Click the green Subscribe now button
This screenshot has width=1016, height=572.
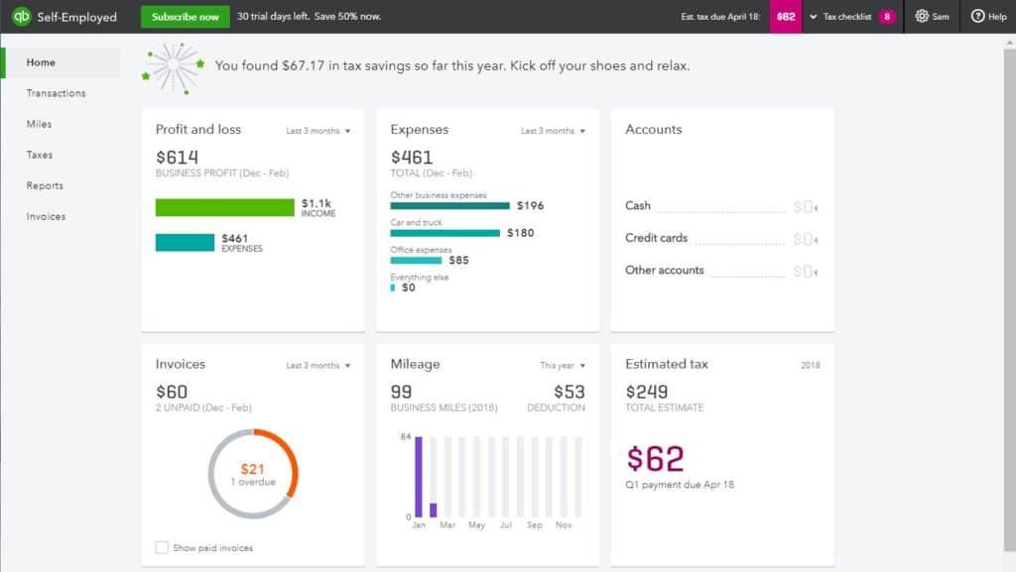point(186,17)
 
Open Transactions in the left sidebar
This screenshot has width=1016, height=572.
point(56,93)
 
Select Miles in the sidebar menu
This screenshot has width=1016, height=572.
point(40,124)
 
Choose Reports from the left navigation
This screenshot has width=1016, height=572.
point(45,185)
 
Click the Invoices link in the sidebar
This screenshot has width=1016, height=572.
point(46,216)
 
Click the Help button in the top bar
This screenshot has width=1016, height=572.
point(988,17)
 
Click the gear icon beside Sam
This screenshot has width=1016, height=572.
point(922,17)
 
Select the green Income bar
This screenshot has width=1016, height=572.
point(225,207)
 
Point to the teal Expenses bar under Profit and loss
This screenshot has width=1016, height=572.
point(185,243)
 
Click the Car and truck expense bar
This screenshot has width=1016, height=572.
point(445,233)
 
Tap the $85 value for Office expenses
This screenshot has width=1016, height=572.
point(458,261)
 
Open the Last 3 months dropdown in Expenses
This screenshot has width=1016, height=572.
point(554,131)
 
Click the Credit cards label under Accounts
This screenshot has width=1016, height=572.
point(656,238)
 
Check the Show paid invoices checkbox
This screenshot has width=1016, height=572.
point(162,547)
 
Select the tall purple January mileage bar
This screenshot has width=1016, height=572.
point(419,477)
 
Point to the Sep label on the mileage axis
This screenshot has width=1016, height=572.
point(535,525)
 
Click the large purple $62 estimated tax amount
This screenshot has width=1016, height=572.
point(655,459)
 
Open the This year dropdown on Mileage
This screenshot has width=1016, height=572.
point(563,366)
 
